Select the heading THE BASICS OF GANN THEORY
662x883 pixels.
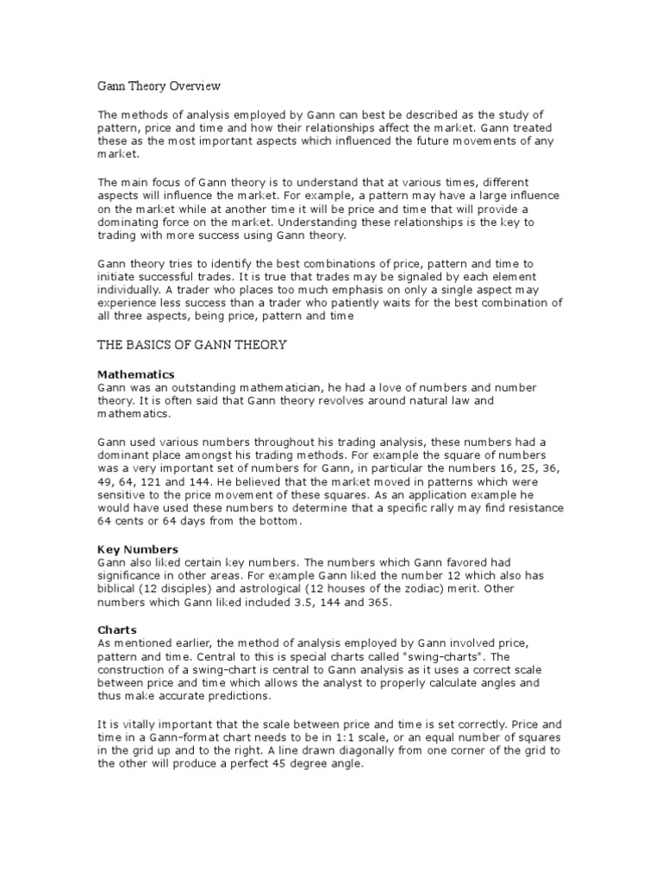pyautogui.click(x=191, y=346)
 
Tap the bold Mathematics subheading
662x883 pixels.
pyautogui.click(x=136, y=374)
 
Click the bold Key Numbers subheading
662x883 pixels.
pyautogui.click(x=138, y=549)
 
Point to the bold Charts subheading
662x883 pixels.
pyautogui.click(x=117, y=630)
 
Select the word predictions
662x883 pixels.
pyautogui.click(x=238, y=697)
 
